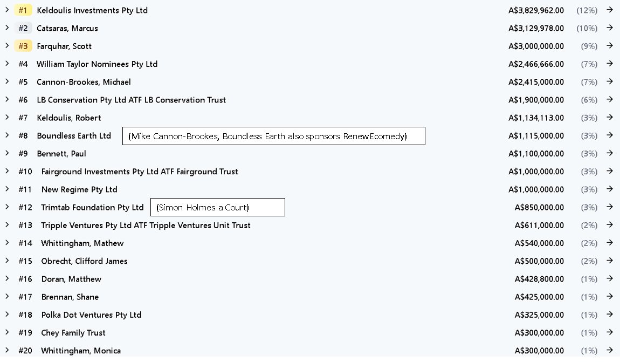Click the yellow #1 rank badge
23,10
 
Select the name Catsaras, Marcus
67,29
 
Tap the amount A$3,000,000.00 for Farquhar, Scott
536,46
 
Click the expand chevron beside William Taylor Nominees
7,63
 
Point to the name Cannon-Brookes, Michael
84,83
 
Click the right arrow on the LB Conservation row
610,99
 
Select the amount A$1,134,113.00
536,118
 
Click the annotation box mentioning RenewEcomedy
274,136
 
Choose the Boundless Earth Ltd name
74,136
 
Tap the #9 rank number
23,154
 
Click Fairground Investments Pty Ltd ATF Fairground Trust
140,172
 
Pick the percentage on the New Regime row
589,189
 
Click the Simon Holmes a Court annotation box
217,207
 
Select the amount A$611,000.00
539,226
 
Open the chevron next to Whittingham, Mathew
7,243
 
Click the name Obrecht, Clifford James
84,261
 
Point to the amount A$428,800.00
539,279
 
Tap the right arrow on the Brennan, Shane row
610,296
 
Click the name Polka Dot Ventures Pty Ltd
91,315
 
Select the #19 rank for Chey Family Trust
25,333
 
